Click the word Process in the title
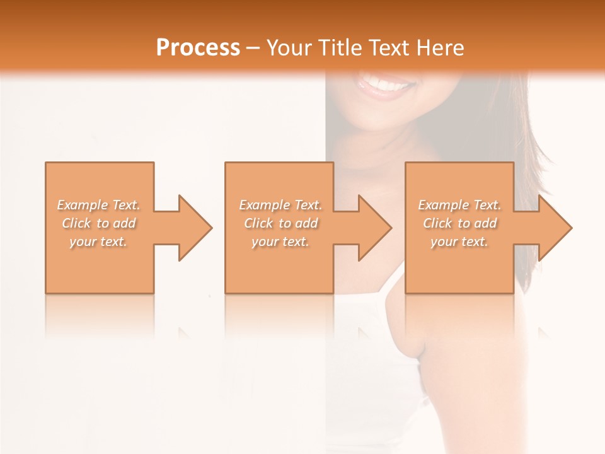point(198,48)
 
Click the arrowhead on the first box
point(193,228)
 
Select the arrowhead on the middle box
point(372,228)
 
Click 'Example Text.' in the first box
point(98,205)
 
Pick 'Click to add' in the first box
point(98,223)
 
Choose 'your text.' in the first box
point(98,242)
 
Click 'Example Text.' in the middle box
point(280,205)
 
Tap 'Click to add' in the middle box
point(280,223)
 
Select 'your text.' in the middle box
point(280,242)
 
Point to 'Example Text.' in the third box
point(459,205)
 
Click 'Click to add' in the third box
point(459,223)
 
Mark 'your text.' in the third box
point(459,242)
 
